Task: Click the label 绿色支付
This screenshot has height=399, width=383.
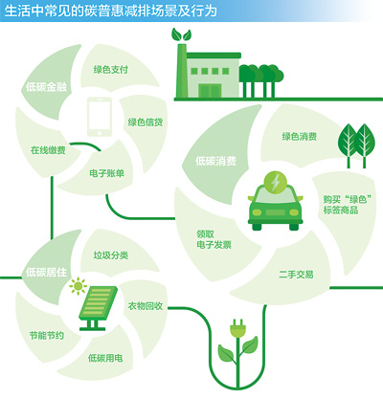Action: tap(111, 70)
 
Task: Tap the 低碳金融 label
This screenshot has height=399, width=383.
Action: tap(47, 87)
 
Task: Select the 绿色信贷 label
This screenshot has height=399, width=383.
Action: tap(146, 122)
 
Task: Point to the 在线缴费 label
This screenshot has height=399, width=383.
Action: tap(48, 150)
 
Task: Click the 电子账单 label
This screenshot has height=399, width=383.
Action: tap(106, 173)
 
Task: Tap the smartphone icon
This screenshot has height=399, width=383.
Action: tap(100, 117)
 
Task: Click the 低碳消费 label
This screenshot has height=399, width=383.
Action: tap(215, 161)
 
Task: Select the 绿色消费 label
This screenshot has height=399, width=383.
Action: tap(300, 137)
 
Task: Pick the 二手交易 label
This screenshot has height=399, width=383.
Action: tap(296, 275)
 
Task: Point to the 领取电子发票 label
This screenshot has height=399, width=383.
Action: tap(214, 239)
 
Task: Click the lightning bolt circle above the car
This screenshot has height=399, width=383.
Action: tap(276, 183)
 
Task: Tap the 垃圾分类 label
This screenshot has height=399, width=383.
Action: tap(111, 255)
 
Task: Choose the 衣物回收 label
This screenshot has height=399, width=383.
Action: tap(146, 306)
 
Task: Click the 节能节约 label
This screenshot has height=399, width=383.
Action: tap(47, 336)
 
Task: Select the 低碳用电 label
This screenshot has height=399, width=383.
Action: tap(105, 358)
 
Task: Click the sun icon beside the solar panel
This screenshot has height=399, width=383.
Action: tap(78, 286)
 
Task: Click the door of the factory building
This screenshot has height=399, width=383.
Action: tap(210, 91)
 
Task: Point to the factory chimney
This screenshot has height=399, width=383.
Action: tap(182, 70)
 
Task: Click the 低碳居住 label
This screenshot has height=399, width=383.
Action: tap(47, 273)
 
